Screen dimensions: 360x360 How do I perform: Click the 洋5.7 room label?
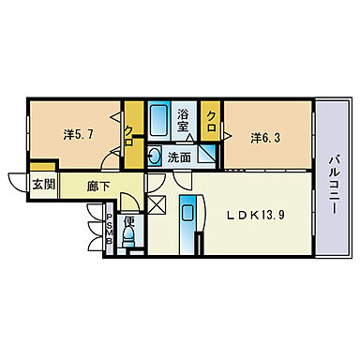(x=78, y=135)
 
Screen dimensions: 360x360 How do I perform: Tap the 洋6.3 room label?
(x=265, y=138)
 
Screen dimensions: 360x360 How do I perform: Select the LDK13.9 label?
(x=255, y=215)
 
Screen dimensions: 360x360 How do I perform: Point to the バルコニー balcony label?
(x=332, y=186)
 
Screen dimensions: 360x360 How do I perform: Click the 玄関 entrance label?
(x=44, y=185)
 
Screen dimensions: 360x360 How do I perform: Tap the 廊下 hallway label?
(x=97, y=187)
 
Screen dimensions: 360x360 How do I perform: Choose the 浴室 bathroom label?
(x=183, y=120)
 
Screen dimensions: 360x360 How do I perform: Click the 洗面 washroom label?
(x=179, y=157)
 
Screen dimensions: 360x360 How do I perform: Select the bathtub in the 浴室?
(x=158, y=120)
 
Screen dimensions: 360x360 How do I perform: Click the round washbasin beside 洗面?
(x=154, y=157)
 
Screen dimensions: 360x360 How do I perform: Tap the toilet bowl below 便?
(x=129, y=237)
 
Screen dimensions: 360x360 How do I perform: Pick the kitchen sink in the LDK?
(x=187, y=214)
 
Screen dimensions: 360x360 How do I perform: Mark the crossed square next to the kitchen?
(x=157, y=204)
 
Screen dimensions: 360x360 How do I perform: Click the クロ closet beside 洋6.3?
(x=211, y=120)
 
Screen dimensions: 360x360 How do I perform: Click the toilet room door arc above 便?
(x=130, y=201)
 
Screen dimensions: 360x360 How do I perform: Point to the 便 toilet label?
(x=129, y=221)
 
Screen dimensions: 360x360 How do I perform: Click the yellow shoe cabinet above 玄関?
(x=43, y=166)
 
